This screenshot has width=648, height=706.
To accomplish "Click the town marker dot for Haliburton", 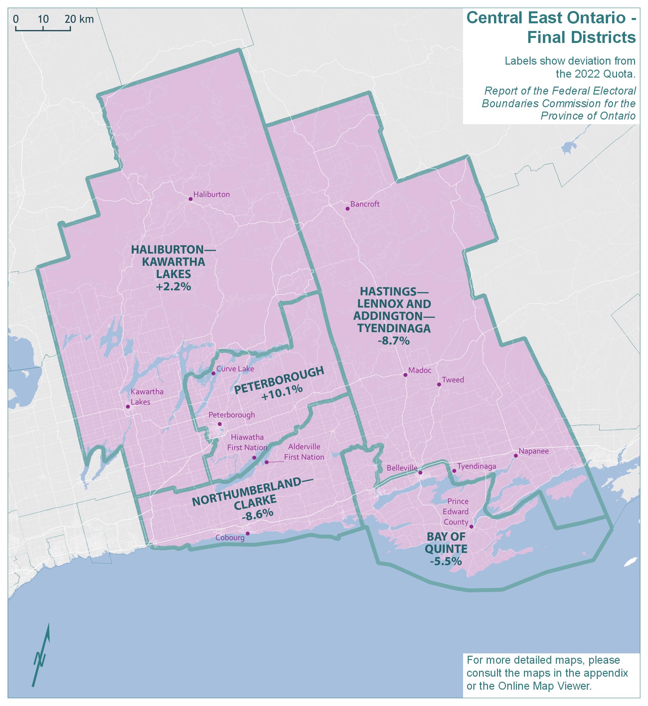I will [190, 199].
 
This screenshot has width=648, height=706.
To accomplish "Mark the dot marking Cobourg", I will [247, 533].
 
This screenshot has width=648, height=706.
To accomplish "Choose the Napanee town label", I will [533, 451].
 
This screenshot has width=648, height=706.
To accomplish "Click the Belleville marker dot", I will [420, 473].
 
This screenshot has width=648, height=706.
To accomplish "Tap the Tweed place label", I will [453, 380].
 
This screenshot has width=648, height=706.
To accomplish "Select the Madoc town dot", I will [405, 375].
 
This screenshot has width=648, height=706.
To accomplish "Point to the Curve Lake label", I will [235, 369].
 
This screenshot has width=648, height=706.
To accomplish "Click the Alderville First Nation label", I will [304, 452].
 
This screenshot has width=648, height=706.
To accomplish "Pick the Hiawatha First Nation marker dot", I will [254, 458].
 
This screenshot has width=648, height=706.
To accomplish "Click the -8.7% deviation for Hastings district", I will [394, 341].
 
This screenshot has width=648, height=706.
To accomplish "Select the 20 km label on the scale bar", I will [79, 19].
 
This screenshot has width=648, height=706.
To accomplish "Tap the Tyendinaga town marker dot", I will [454, 471].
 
